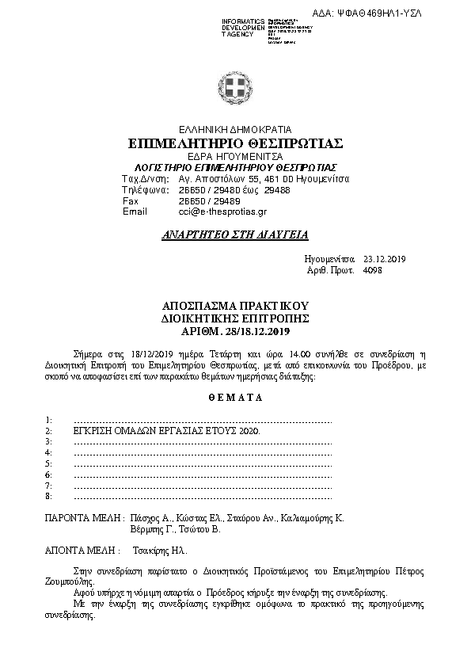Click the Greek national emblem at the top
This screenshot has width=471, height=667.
click(x=235, y=86)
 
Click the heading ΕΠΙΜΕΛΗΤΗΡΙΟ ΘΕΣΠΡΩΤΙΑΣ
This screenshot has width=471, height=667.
click(x=235, y=143)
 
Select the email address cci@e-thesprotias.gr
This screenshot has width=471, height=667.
click(x=223, y=212)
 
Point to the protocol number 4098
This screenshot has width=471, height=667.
click(x=371, y=270)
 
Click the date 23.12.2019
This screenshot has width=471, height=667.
click(x=384, y=259)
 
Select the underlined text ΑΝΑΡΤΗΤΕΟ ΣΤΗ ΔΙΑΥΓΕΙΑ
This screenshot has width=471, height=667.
click(x=235, y=235)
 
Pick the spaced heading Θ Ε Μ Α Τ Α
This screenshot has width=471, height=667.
click(x=235, y=398)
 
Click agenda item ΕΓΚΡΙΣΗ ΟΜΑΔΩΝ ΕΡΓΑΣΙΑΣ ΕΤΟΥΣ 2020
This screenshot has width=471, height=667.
click(x=166, y=429)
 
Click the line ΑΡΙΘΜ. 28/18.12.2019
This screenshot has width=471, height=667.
click(x=235, y=330)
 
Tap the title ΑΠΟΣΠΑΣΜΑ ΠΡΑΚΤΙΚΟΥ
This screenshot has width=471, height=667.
click(x=235, y=306)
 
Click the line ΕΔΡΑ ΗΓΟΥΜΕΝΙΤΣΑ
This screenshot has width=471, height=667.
click(x=235, y=157)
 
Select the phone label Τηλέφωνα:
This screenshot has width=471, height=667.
click(x=144, y=190)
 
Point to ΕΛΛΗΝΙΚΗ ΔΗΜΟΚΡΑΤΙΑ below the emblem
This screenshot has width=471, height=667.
click(x=235, y=129)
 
